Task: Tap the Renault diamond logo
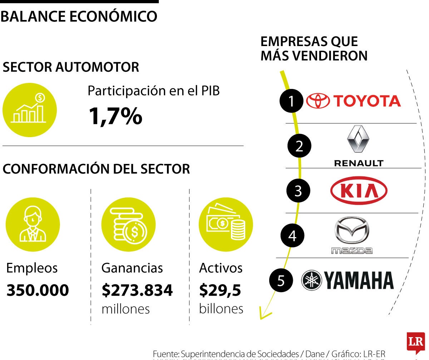358,140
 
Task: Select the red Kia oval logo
359,190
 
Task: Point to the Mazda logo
351,235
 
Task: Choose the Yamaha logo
347,280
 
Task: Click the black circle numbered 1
291,101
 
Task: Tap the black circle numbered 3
299,191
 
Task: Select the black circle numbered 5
281,281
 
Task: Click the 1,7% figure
115,116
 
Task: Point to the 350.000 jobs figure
38,290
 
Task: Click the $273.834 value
137,290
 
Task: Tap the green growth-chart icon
29,110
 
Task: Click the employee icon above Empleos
33,225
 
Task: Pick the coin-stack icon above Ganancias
128,225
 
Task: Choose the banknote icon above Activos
226,225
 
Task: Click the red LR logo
415,343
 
